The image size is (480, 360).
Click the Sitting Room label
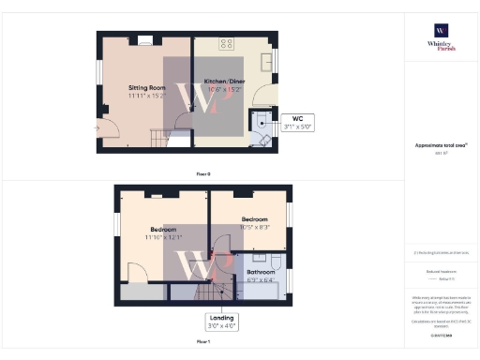tap(145, 87)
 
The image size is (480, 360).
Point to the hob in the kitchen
tap(226, 43)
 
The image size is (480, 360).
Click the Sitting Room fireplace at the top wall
tap(145, 40)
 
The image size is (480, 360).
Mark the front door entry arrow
tap(97, 126)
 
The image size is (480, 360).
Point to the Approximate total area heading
tap(441, 145)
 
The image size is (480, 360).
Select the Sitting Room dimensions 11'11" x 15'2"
tap(147, 95)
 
